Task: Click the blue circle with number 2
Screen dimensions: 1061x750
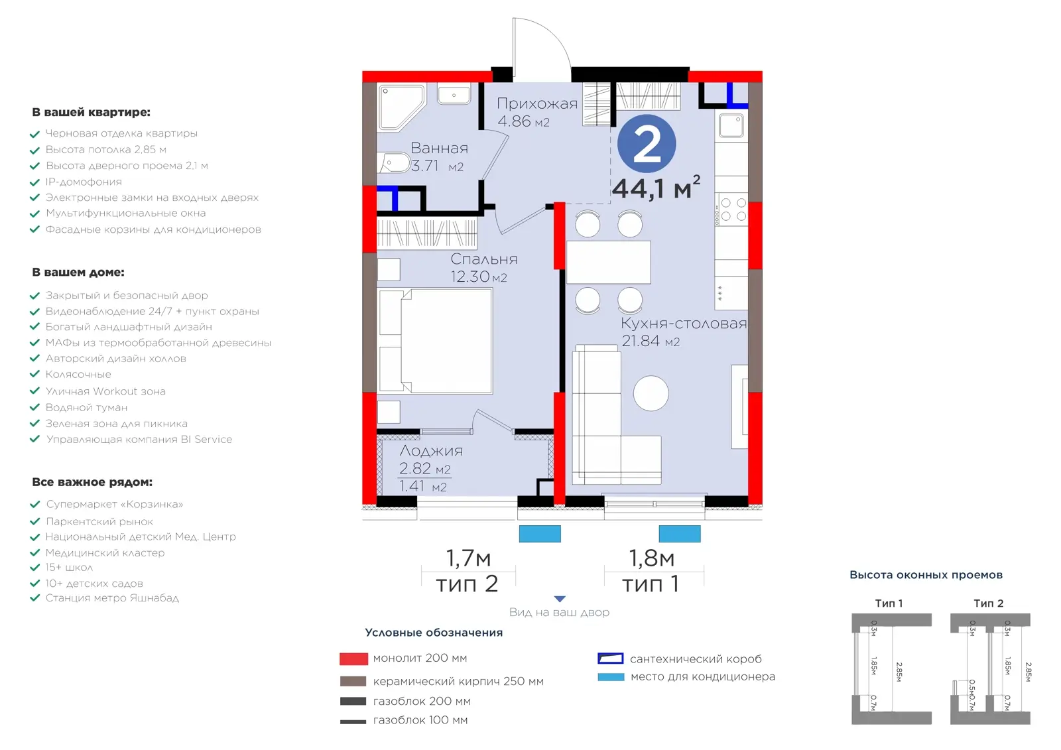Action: (x=647, y=143)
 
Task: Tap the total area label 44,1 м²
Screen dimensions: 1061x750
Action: (x=656, y=188)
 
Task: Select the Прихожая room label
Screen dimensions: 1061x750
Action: (x=537, y=103)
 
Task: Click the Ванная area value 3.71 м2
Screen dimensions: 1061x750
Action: (x=437, y=166)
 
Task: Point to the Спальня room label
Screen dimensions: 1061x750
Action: (x=483, y=259)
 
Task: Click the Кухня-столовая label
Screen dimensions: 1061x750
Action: (x=684, y=324)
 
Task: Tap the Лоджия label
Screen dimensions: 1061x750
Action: (x=431, y=450)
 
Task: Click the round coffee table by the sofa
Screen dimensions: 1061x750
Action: (x=651, y=393)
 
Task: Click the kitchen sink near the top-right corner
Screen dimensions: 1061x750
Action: (x=731, y=125)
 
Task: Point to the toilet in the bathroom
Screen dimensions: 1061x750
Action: (x=394, y=163)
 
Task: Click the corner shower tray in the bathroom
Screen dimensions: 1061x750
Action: (x=401, y=107)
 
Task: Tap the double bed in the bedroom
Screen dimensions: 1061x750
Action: (x=435, y=341)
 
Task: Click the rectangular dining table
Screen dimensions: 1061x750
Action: (x=608, y=263)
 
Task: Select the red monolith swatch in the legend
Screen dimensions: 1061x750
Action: (x=354, y=659)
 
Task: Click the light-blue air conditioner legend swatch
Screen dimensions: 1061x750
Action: (x=611, y=677)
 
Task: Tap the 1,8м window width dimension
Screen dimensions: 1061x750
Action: (x=651, y=558)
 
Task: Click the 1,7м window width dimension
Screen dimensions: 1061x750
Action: (x=468, y=558)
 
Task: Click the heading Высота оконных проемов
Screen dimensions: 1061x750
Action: (x=926, y=575)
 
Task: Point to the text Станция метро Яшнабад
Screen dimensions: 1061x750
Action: (x=112, y=598)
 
